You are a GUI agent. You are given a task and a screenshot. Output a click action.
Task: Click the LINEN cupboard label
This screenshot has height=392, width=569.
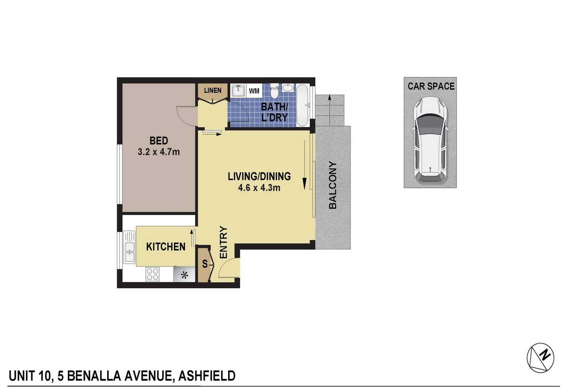click(213, 90)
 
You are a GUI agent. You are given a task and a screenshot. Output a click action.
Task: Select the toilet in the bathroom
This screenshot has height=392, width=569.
click(274, 90)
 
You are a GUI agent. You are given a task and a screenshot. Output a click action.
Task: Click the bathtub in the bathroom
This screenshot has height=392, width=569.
click(302, 106)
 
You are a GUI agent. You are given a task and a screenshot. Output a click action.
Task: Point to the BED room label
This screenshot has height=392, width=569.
click(158, 140)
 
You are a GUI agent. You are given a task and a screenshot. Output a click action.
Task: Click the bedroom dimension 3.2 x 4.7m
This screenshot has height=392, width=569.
click(159, 152)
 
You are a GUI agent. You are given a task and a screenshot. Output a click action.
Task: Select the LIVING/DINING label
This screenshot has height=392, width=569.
click(259, 176)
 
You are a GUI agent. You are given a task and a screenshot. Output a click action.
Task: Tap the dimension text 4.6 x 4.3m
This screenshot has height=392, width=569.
click(259, 188)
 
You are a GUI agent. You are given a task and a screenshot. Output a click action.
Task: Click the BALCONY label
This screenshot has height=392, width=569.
click(332, 185)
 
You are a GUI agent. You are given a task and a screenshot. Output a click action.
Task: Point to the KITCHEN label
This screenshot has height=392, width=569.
click(166, 247)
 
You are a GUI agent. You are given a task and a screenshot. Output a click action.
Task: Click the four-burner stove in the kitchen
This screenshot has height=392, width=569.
click(152, 274)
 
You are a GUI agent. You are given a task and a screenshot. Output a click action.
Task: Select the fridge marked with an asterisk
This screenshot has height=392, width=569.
click(184, 274)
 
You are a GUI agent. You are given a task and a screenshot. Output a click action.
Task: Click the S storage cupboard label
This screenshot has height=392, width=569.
click(205, 264)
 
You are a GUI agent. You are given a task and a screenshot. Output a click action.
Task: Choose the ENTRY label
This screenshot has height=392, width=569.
click(223, 242)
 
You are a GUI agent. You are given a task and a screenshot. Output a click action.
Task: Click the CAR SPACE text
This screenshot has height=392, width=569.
click(431, 86)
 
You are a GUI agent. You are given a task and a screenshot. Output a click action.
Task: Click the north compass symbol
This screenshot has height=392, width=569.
click(540, 358)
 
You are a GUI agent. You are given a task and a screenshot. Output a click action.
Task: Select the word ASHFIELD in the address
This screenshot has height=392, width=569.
click(207, 376)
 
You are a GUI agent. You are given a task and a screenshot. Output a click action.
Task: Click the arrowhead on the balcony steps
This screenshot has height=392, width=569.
click(329, 97)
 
